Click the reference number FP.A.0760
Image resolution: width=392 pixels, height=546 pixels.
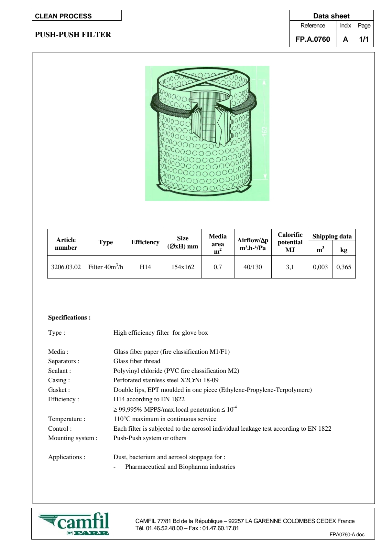313,39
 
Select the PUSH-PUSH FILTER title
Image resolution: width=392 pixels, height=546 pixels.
73,35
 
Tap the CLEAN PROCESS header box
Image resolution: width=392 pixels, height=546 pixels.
77,16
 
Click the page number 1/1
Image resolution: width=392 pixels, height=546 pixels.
364,39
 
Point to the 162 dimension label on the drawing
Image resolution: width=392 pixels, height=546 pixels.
265,131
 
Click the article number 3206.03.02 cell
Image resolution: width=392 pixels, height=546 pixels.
66,267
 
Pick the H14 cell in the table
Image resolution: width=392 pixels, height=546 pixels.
145,267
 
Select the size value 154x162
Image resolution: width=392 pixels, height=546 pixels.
183,267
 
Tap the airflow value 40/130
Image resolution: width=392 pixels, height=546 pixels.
253,267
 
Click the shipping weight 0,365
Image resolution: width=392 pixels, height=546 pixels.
343,267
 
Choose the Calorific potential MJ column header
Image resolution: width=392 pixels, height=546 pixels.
290,242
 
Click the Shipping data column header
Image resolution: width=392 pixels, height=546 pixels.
332,236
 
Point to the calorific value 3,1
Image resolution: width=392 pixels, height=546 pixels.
290,267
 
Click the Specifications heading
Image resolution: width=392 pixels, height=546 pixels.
70,317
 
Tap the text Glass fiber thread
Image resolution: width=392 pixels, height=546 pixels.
137,361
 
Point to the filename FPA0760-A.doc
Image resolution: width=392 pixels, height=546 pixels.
347,534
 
